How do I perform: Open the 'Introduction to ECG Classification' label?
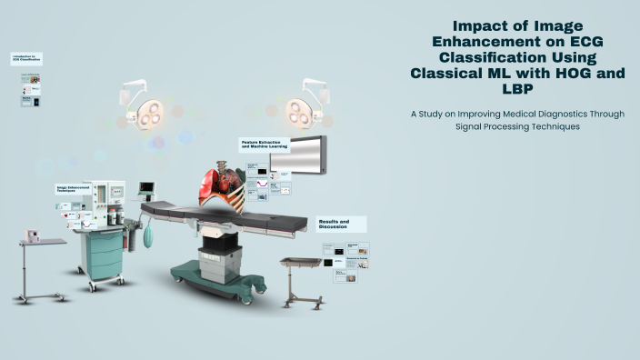point(26,58)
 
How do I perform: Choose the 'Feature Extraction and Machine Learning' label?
point(264,144)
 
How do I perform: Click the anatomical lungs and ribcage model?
point(222,185)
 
